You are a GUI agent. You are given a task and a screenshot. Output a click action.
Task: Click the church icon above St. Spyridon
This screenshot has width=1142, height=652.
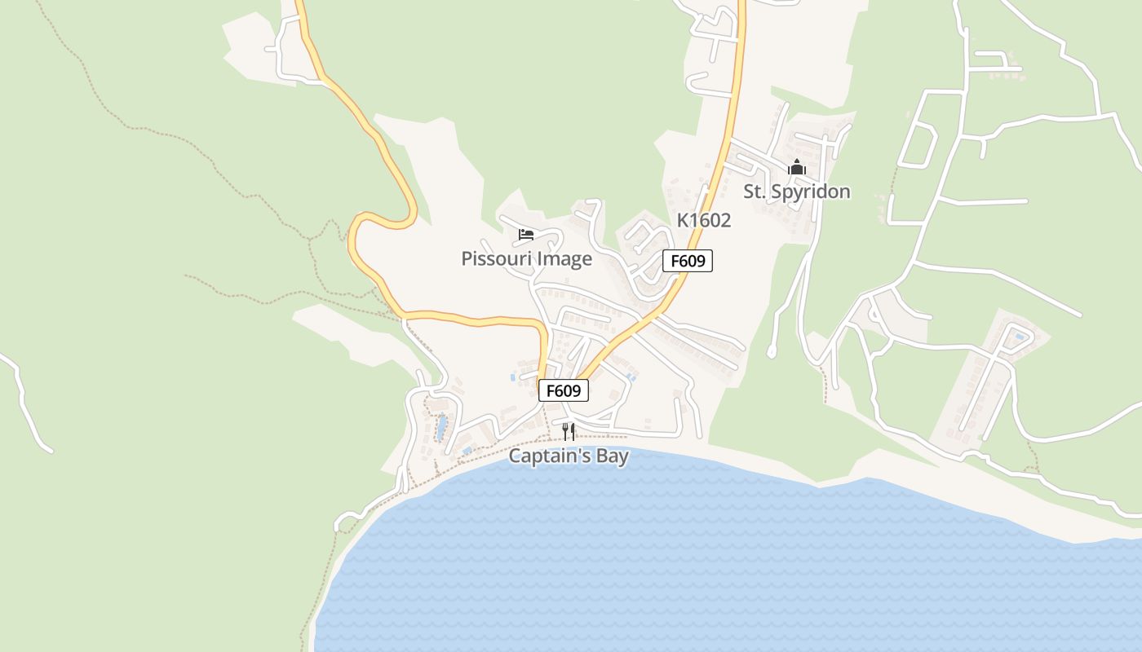(x=797, y=168)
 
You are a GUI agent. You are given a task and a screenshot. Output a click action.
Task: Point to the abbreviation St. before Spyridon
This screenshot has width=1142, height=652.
(x=755, y=192)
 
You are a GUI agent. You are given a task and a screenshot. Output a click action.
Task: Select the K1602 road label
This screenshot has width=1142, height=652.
(x=703, y=220)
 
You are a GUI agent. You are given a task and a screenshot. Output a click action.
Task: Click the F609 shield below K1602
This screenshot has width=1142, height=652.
(x=687, y=261)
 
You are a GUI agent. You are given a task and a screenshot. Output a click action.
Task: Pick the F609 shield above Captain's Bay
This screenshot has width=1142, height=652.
(x=563, y=390)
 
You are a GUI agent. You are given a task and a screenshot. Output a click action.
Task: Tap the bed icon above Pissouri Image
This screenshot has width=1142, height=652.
(x=526, y=236)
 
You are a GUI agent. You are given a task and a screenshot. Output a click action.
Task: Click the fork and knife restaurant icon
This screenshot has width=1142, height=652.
(x=569, y=431)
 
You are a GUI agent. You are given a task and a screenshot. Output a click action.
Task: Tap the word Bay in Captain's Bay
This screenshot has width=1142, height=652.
(x=612, y=456)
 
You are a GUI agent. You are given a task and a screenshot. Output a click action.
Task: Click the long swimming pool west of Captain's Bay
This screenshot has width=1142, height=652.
(x=441, y=428)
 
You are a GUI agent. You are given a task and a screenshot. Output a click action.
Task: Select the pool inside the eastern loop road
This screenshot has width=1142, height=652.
(x=1019, y=337)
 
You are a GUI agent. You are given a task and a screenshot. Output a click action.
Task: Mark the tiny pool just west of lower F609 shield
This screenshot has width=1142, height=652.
(x=513, y=377)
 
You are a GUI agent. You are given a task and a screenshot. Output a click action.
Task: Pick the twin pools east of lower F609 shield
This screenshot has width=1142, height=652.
(x=631, y=377)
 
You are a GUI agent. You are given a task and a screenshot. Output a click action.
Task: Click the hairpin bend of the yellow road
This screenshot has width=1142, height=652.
(x=356, y=236)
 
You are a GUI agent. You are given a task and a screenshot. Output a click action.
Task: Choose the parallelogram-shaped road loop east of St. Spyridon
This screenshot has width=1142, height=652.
(x=917, y=146)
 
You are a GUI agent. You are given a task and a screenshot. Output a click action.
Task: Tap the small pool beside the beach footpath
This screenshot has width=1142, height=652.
(x=467, y=450)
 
